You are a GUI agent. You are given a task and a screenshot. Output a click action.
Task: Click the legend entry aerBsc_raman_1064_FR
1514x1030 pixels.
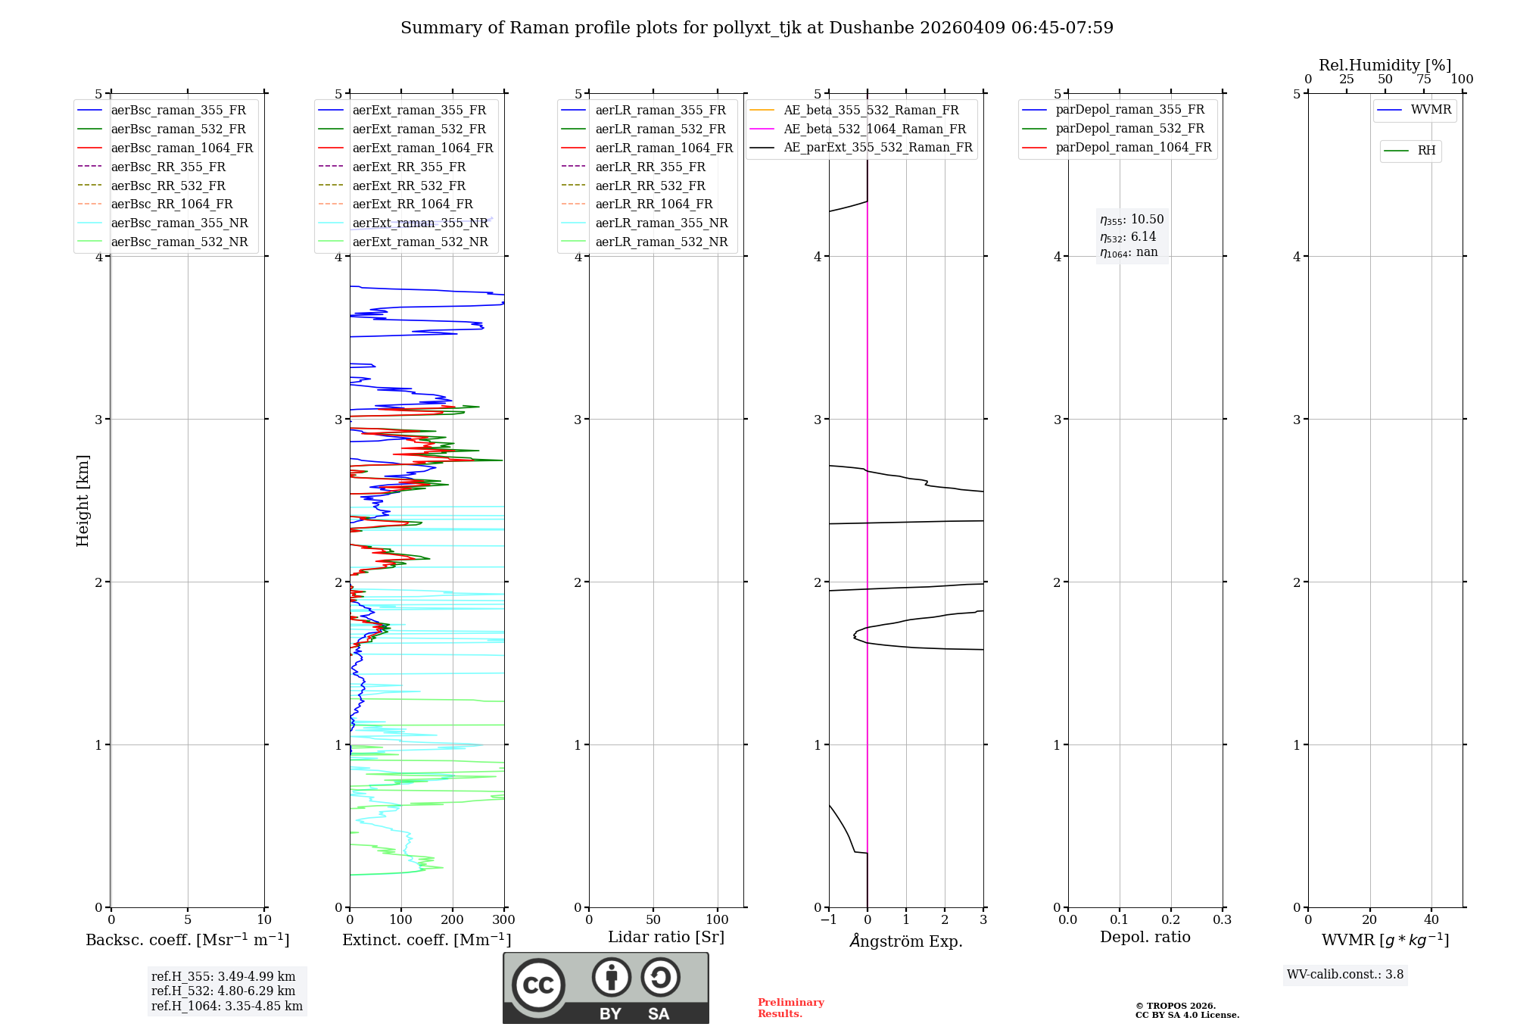click(182, 148)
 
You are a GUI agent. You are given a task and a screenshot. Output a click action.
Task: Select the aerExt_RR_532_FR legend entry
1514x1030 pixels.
click(409, 186)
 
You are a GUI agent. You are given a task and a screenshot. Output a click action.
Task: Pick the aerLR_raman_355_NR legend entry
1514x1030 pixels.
click(661, 223)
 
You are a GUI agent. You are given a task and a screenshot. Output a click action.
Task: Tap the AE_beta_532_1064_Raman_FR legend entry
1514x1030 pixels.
click(874, 129)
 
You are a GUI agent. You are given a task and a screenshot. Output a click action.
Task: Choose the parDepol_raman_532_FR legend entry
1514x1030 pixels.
click(1129, 129)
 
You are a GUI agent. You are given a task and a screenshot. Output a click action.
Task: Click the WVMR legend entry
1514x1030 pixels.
click(1431, 110)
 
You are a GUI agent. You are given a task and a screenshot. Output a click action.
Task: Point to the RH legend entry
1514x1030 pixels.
click(1426, 151)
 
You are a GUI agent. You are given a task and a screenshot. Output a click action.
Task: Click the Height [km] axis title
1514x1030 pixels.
click(83, 501)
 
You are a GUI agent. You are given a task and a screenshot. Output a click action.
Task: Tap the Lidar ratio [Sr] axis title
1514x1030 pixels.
click(665, 937)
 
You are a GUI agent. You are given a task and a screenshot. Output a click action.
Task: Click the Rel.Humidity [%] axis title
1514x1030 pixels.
click(1385, 65)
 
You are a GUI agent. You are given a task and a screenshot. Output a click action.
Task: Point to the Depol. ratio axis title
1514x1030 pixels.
click(1145, 937)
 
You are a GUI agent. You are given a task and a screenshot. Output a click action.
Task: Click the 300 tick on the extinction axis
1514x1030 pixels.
click(504, 920)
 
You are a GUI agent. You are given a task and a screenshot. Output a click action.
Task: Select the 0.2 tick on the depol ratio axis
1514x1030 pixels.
click(1170, 920)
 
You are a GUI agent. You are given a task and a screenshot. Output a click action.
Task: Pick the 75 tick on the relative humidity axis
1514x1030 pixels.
click(1424, 80)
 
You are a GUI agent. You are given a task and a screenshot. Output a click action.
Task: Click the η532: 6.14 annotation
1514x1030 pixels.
click(1128, 237)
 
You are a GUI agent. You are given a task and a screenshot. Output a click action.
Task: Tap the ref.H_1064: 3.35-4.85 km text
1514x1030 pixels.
click(227, 1006)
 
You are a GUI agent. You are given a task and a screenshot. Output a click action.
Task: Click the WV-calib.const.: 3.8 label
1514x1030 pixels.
click(1345, 975)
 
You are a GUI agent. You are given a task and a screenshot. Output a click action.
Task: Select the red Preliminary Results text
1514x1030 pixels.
click(790, 1008)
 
